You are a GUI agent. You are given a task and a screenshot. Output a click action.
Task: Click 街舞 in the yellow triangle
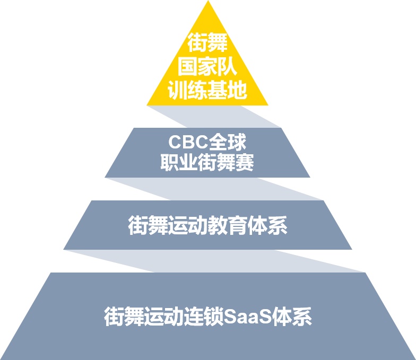pos(208,42)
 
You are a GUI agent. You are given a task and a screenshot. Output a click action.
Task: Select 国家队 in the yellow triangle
pos(207,66)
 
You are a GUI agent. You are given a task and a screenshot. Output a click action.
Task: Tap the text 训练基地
pos(207,90)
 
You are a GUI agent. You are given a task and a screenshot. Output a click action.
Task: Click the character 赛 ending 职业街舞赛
pos(244,162)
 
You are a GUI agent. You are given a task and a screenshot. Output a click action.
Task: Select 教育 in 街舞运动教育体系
pos(227,225)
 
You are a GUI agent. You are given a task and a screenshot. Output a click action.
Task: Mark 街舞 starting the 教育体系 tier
pos(148,225)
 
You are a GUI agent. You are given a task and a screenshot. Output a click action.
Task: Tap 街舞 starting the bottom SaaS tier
pos(124,316)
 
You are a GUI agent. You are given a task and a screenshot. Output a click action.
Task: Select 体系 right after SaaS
pos(292,316)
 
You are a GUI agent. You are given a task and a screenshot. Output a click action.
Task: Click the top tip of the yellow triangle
pos(208,1)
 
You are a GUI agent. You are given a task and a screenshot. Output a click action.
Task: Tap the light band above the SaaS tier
pos(214,261)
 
